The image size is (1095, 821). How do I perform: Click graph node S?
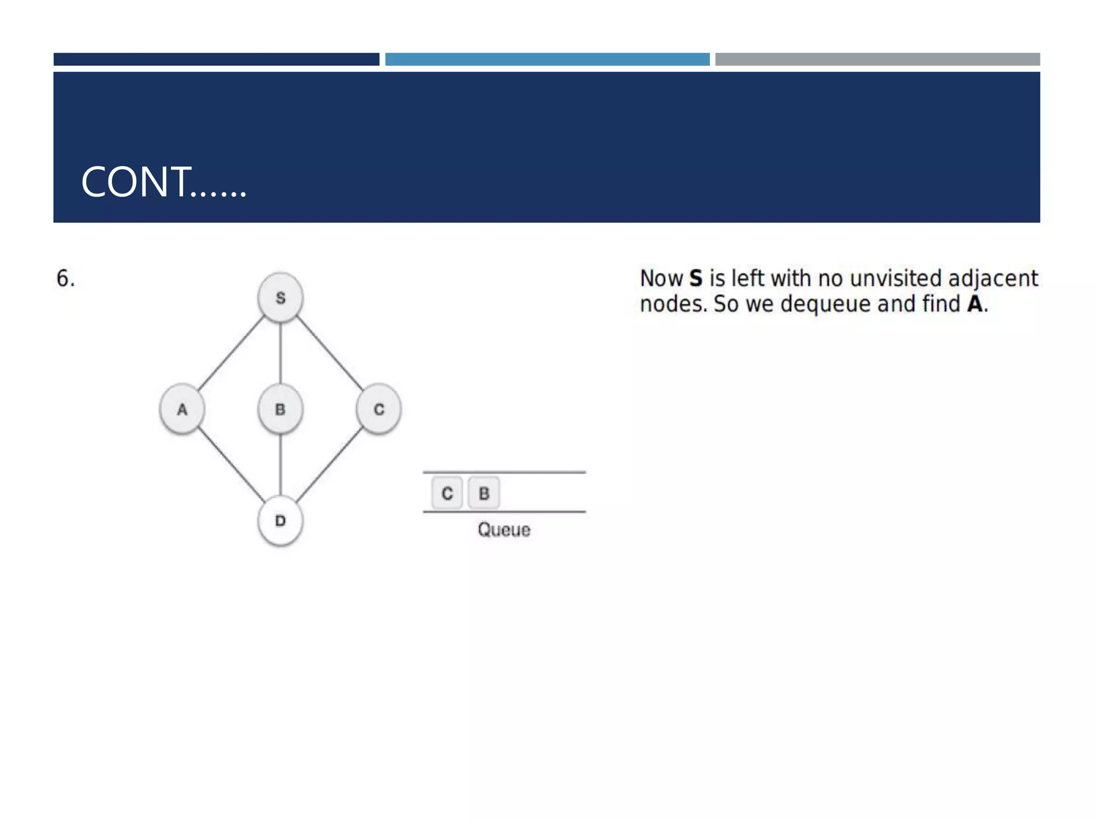280,298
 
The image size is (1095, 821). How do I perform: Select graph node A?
182,409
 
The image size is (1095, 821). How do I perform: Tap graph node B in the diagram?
280,409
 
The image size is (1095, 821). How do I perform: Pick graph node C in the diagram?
379,409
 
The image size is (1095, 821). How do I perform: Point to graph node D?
280,521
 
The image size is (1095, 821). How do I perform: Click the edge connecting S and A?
231,353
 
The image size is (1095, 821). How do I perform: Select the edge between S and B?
281,353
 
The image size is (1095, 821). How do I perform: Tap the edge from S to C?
330,353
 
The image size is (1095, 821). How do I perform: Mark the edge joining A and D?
231,465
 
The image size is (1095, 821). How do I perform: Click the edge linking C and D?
330,465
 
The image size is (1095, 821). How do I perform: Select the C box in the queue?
447,493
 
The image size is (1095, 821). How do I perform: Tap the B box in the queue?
484,493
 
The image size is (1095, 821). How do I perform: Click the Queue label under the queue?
504,530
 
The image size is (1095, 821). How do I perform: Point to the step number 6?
65,278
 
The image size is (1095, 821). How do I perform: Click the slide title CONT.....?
163,182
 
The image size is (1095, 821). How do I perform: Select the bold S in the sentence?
695,278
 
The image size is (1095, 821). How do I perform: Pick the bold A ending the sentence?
975,304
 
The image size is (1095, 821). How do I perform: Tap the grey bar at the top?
877,59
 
